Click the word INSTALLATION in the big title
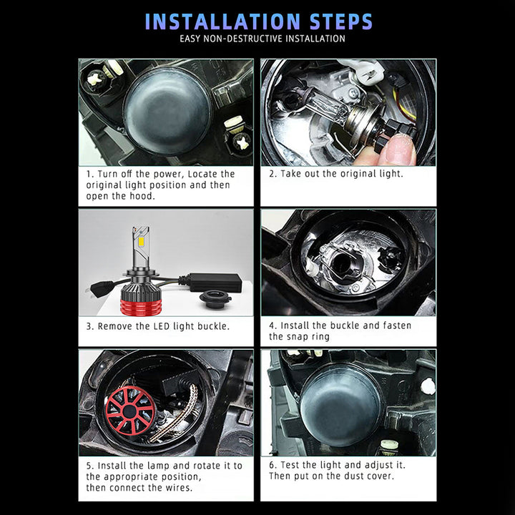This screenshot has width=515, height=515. (x=222, y=21)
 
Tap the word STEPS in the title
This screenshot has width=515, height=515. (x=341, y=21)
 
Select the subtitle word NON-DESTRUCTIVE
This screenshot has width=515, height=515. (x=242, y=39)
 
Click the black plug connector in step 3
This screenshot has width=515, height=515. (x=102, y=289)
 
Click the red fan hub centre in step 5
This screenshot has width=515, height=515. (x=129, y=411)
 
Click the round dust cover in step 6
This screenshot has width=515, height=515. (x=340, y=407)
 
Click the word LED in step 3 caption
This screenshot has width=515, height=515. (x=162, y=326)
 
